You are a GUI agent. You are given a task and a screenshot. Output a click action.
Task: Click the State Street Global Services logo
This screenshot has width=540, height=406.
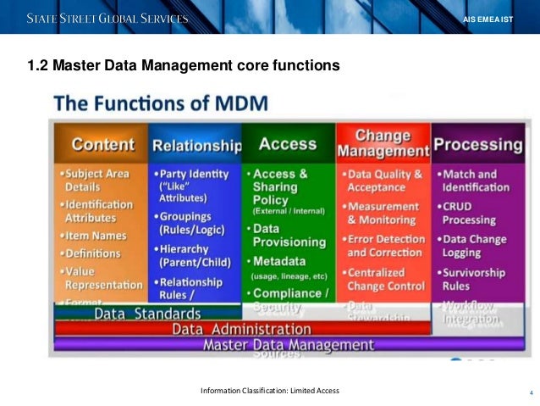(x=107, y=18)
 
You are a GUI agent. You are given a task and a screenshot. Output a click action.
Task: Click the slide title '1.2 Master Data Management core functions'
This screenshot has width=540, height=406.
(x=184, y=64)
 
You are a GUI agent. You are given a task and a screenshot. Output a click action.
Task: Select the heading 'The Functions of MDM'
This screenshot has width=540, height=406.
(x=161, y=105)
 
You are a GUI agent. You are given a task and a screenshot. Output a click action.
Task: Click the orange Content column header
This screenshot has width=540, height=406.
(x=102, y=144)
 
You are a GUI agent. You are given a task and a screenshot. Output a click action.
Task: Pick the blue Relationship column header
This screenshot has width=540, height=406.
(x=196, y=145)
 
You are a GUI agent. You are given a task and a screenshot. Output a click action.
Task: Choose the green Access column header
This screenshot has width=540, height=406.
(x=288, y=144)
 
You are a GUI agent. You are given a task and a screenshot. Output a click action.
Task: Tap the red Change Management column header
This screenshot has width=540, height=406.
(x=383, y=143)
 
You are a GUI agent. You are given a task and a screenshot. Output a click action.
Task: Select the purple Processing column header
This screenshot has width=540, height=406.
(x=477, y=144)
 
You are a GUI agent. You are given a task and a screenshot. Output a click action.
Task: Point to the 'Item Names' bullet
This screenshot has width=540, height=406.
(x=96, y=235)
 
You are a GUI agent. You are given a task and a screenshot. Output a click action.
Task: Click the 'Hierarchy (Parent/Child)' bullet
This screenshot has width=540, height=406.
(x=192, y=255)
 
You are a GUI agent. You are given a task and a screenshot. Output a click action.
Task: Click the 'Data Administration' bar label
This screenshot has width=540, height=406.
(x=242, y=329)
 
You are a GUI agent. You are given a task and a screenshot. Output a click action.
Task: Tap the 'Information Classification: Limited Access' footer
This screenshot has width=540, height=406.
(x=269, y=390)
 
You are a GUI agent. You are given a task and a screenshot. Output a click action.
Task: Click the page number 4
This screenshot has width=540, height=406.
(x=531, y=392)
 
